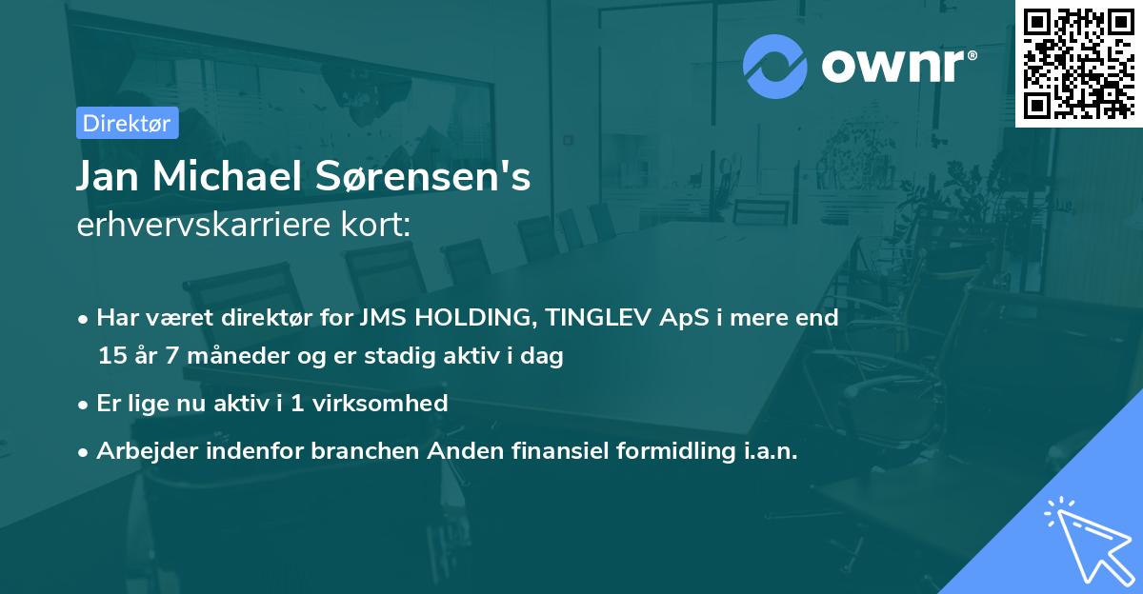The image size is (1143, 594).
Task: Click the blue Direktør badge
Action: (127, 123)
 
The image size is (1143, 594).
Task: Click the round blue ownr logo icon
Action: (774, 67)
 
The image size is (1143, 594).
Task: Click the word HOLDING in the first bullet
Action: (471, 318)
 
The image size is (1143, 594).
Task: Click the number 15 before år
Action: (111, 357)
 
